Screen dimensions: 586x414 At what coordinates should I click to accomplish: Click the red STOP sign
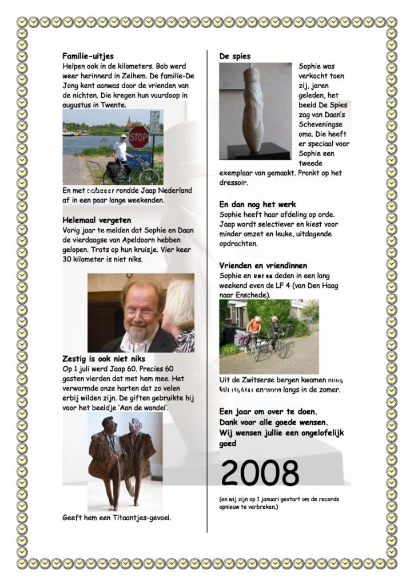[138, 137]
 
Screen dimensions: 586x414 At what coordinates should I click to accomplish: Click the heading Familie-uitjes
[88, 56]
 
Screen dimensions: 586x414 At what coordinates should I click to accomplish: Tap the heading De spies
[235, 56]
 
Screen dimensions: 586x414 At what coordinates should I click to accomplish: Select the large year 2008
[260, 473]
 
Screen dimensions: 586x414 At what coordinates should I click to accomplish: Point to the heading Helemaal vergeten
[97, 220]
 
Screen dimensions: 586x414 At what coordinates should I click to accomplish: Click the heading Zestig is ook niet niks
[100, 359]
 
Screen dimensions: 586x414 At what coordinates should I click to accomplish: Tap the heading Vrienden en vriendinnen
[263, 266]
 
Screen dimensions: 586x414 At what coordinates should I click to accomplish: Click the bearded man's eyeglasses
[140, 312]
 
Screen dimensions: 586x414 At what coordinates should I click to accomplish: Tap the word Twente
[113, 105]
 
